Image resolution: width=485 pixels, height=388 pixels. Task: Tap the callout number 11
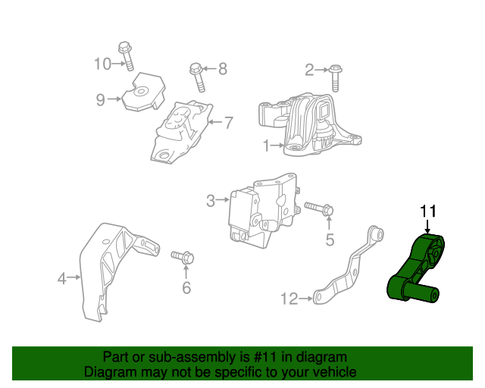[x=428, y=211]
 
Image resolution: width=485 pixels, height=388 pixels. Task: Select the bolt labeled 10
[x=126, y=55]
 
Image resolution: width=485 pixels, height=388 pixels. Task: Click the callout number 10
[x=102, y=64]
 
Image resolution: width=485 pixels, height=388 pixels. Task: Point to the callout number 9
[x=99, y=99]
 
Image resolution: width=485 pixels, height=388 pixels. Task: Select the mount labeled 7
[x=182, y=130]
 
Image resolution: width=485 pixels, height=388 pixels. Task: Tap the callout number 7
[x=228, y=120]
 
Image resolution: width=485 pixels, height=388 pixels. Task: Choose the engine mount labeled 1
[x=310, y=126]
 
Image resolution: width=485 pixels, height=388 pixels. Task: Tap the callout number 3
[x=210, y=201]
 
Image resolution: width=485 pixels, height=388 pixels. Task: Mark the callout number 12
[x=289, y=299]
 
